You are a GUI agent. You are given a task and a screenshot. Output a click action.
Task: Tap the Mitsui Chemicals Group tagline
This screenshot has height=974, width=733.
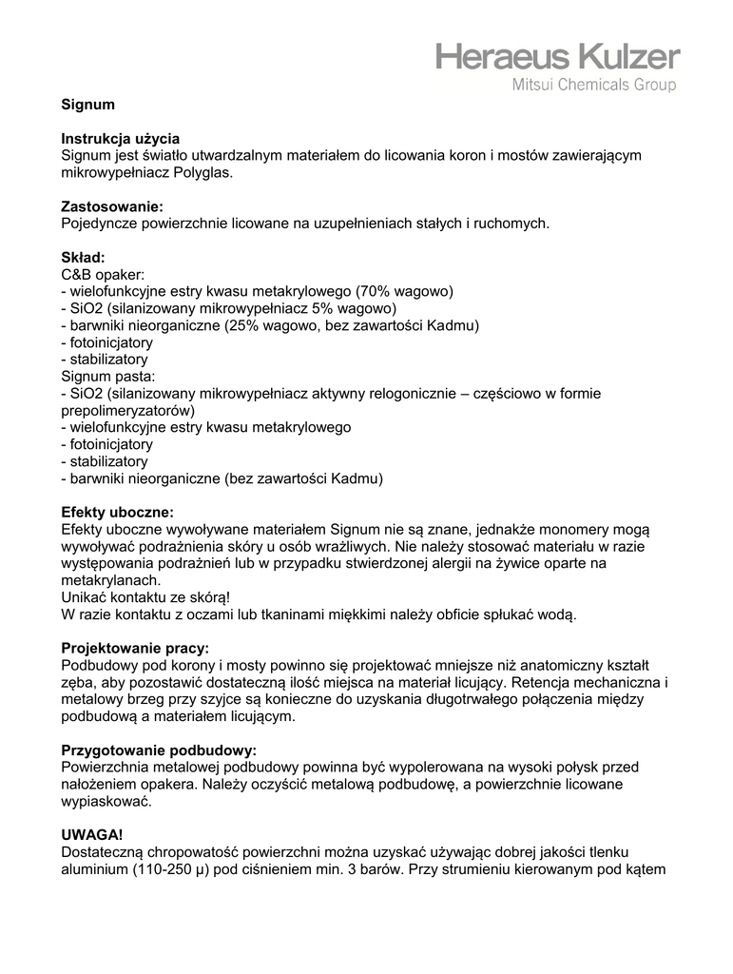point(594,86)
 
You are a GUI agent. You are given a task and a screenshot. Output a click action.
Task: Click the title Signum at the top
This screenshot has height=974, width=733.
point(87,105)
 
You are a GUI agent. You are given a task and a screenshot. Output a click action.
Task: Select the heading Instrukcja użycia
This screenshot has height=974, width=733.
point(121,138)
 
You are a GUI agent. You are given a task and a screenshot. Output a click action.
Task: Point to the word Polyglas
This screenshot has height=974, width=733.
point(202,172)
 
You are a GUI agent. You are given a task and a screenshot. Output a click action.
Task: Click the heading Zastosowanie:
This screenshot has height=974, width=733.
point(112,205)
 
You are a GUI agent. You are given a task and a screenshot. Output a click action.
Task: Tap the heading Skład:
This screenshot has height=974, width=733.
point(84,257)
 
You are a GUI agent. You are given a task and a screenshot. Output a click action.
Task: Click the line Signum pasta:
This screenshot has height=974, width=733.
point(107,376)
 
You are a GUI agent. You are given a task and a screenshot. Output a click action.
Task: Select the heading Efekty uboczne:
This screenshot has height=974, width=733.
point(118,512)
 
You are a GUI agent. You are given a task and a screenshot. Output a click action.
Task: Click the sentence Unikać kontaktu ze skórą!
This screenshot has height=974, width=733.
point(145,596)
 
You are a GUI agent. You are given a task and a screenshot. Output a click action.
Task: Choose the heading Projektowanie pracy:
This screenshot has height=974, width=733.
point(135,647)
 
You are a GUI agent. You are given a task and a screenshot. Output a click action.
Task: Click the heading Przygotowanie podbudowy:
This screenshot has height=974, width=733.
point(159,750)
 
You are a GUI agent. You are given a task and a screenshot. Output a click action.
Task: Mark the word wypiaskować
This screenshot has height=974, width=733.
point(106,800)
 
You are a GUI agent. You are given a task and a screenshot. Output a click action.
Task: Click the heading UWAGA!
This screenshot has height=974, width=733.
point(92,834)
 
